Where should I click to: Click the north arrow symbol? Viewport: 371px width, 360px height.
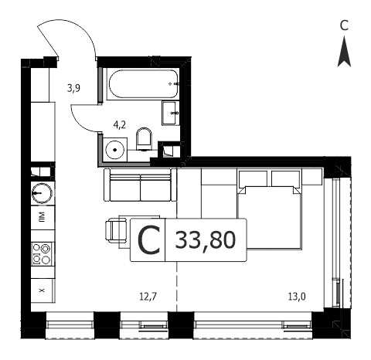(344, 52)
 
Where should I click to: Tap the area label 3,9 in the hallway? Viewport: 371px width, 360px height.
(73, 88)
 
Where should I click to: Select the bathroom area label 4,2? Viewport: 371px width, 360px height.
(120, 125)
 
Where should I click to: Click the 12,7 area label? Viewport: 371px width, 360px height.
(148, 297)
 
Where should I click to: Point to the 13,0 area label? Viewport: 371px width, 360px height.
(297, 297)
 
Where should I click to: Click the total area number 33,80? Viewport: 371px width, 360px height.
(206, 240)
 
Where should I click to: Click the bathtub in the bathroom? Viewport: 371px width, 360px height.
(143, 84)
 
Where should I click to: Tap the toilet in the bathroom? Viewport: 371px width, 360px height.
(144, 139)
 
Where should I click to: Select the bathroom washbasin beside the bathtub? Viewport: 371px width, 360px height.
(171, 113)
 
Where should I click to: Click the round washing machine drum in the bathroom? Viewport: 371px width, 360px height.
(115, 150)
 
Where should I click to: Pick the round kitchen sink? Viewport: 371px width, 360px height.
(42, 193)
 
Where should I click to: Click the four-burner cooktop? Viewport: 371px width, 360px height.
(42, 254)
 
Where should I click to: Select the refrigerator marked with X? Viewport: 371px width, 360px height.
(43, 290)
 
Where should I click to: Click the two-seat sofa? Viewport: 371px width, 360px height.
(140, 185)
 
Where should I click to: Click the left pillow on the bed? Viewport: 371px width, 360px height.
(253, 178)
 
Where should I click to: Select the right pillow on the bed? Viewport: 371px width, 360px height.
(286, 178)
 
